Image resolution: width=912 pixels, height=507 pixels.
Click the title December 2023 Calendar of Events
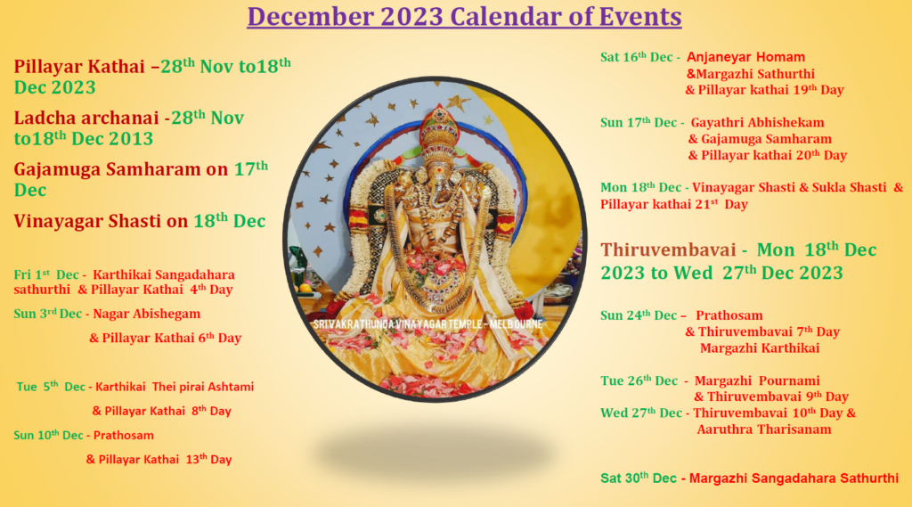tap(464, 17)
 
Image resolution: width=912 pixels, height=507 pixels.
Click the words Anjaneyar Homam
tap(745, 57)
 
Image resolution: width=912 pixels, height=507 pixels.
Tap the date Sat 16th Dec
tap(636, 57)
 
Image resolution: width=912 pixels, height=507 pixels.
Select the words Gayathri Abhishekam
tap(757, 123)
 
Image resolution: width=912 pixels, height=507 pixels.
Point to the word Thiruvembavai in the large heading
tap(668, 250)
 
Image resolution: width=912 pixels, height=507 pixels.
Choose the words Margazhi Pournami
tap(757, 380)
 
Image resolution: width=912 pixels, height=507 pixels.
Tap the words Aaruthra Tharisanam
tap(764, 429)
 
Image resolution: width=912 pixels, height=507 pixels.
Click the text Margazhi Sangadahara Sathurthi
tap(794, 478)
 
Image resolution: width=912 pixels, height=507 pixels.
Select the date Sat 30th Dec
tap(639, 478)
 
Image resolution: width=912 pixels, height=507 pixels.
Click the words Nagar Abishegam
tap(147, 314)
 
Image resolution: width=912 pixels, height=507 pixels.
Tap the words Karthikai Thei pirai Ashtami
tap(175, 387)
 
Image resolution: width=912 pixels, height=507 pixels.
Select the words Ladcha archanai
tap(86, 119)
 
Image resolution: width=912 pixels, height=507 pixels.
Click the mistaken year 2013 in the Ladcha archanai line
tap(132, 139)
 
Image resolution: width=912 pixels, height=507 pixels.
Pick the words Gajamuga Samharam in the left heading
tap(107, 169)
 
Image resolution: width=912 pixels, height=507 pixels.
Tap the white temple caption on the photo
tap(427, 324)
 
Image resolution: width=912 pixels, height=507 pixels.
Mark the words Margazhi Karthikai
tap(760, 348)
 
